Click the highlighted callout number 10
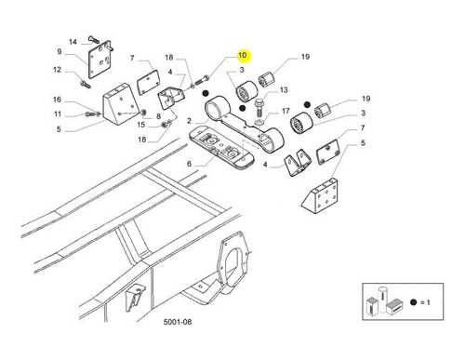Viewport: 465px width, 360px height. click(x=243, y=55)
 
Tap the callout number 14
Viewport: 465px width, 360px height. click(x=73, y=42)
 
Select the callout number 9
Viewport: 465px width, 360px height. click(x=60, y=51)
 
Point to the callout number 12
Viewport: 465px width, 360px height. click(x=58, y=70)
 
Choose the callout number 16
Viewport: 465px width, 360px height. click(x=57, y=100)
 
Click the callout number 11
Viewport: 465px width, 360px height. click(x=58, y=114)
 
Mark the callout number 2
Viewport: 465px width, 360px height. click(x=189, y=121)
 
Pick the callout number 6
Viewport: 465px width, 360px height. click(x=189, y=164)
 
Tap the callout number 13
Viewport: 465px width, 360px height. click(x=284, y=90)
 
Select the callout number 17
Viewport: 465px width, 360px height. click(x=286, y=111)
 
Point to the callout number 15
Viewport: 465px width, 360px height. click(x=141, y=125)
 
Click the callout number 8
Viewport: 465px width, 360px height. click(x=158, y=116)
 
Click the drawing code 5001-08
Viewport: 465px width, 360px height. click(x=178, y=322)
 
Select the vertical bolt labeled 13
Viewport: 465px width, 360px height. click(x=259, y=106)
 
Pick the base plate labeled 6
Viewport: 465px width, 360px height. click(x=221, y=149)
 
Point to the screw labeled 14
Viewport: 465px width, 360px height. click(x=94, y=39)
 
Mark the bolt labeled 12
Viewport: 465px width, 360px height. click(x=85, y=84)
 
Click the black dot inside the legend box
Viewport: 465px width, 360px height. click(x=413, y=302)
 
